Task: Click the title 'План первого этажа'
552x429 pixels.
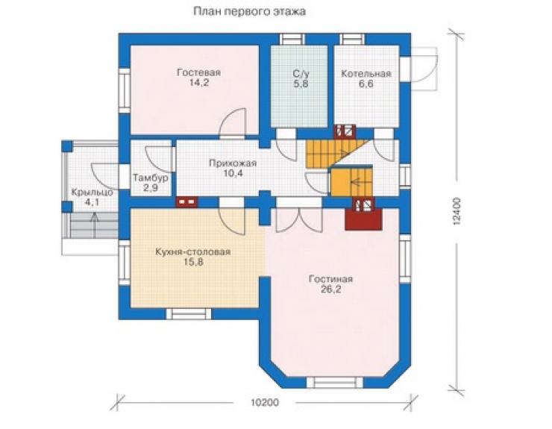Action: [249, 12]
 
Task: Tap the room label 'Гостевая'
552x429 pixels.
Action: [199, 72]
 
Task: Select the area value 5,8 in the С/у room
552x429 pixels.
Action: [301, 84]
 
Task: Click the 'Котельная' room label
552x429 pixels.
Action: [366, 74]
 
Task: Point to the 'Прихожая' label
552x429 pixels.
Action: [233, 163]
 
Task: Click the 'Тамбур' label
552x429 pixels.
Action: [151, 178]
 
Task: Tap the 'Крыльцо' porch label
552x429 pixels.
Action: [92, 192]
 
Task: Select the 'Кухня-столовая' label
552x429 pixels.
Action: [193, 252]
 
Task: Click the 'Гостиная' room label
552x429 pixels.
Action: [330, 279]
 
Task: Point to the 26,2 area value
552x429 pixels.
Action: [331, 289]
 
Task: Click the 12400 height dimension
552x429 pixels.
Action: [457, 211]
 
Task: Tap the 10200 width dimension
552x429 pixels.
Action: [265, 402]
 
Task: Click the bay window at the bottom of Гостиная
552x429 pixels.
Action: [334, 383]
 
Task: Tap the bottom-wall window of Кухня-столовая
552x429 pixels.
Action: [189, 314]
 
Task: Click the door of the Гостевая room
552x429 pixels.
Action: [233, 122]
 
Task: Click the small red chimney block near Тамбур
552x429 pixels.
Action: [186, 202]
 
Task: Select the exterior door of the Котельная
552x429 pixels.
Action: [421, 69]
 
